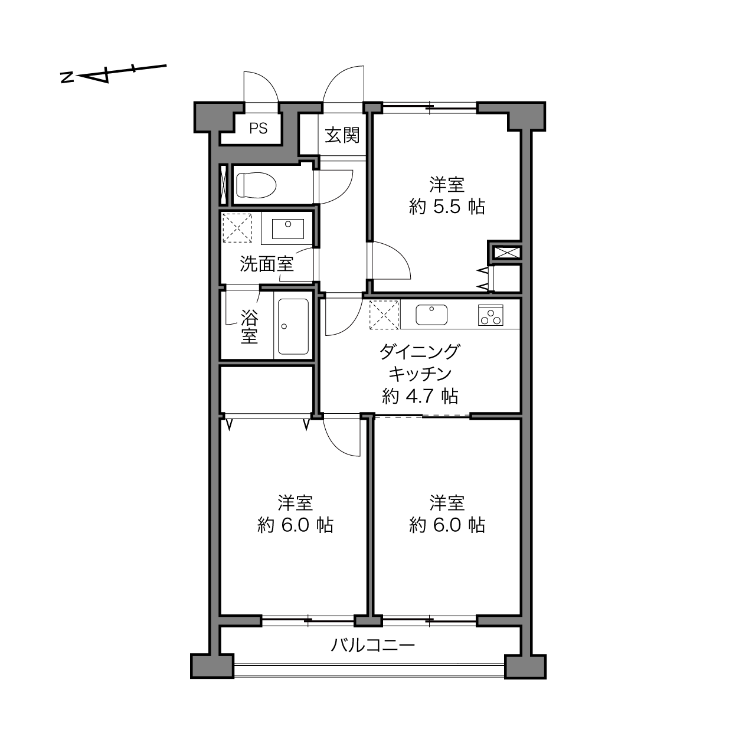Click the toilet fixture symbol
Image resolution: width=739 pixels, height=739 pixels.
point(256,185)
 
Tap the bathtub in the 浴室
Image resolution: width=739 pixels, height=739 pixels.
point(293,327)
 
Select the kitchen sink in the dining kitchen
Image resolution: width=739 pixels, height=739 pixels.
point(431,315)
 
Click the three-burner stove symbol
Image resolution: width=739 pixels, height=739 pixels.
point(491,315)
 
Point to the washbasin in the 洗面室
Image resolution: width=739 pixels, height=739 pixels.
point(287,229)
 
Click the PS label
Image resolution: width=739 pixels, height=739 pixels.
point(258,129)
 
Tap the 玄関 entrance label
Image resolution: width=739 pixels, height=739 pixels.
point(342,135)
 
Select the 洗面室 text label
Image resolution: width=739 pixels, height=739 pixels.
point(267,264)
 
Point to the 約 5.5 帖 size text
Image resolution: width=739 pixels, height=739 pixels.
point(447,207)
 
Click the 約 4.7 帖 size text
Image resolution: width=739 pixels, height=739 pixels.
point(420,396)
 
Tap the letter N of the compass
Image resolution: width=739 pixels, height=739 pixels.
point(67,77)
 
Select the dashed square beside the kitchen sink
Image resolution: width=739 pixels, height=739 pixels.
point(384,315)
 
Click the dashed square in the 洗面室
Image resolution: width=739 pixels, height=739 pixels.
point(237,228)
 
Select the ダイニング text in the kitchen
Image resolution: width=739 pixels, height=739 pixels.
point(420,352)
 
